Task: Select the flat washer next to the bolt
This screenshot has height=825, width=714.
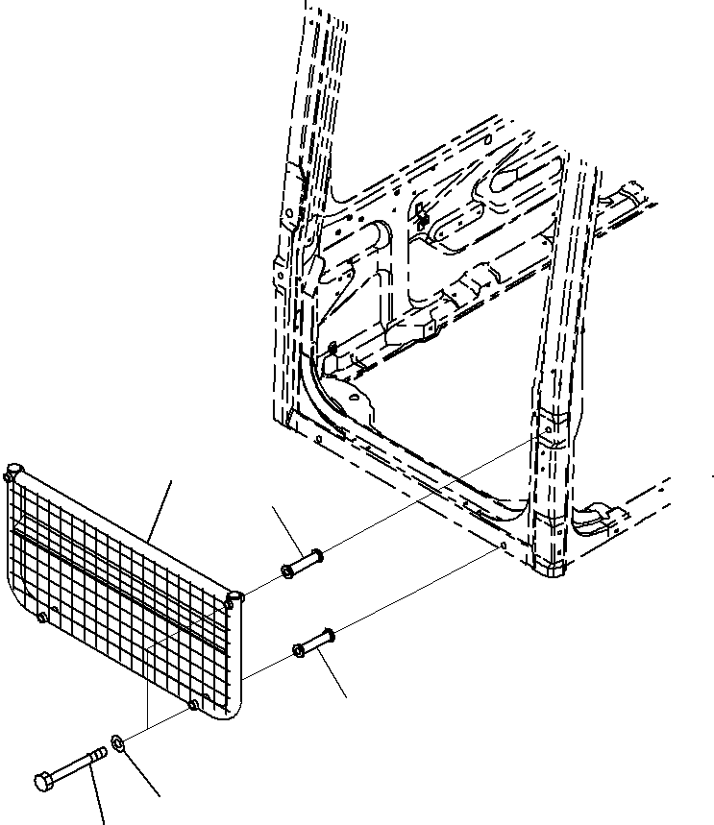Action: click(x=118, y=742)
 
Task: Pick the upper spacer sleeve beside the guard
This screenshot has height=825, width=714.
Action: click(x=301, y=564)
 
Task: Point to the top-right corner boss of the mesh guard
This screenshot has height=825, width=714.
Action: click(x=234, y=598)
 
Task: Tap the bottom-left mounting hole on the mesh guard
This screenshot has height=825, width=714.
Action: click(x=42, y=617)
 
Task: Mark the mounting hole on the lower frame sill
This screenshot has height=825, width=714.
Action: click(x=504, y=546)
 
